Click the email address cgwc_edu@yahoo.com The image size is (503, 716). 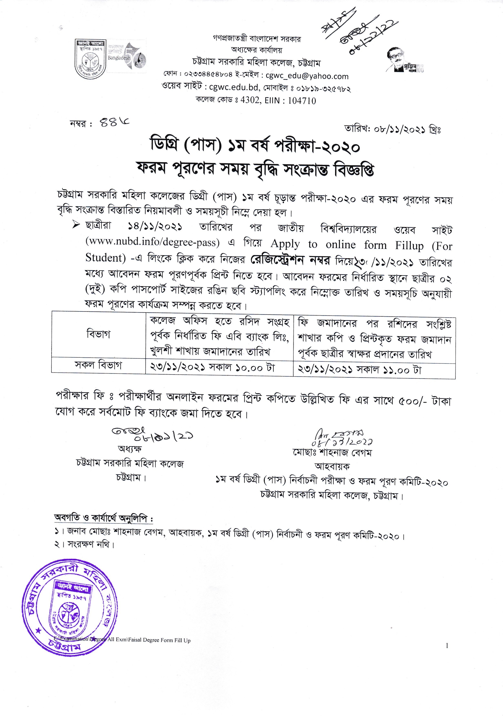pos(307,76)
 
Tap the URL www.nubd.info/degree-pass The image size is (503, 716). pos(153,242)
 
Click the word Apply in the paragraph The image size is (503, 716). pos(285,243)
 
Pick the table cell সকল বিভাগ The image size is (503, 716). pos(99,365)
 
